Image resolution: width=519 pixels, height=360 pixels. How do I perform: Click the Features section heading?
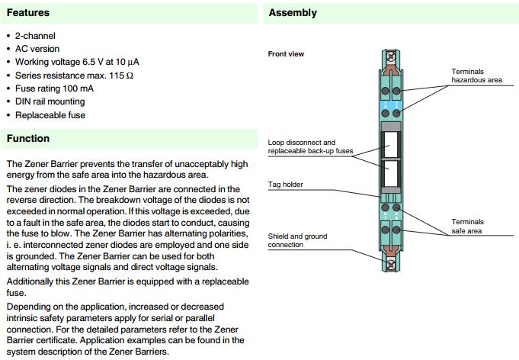[28, 13]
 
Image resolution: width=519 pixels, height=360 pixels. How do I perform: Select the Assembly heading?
[293, 13]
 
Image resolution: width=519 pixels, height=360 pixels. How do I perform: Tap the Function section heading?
[28, 139]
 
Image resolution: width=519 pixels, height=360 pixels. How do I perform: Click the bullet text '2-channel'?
[35, 36]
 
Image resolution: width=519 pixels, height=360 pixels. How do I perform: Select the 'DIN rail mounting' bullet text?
[50, 101]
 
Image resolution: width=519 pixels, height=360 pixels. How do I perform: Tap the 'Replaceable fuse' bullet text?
[50, 115]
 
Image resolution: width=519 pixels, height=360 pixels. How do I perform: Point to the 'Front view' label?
[286, 54]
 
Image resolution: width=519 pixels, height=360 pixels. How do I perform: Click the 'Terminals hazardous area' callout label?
[477, 75]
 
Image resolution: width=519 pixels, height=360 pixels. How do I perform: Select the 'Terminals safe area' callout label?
[468, 226]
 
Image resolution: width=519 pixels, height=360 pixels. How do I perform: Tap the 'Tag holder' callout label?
[286, 185]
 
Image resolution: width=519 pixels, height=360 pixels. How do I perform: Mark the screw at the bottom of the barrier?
[392, 264]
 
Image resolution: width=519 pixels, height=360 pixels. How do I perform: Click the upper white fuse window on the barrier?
[392, 142]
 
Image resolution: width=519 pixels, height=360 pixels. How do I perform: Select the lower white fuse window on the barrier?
[392, 174]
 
